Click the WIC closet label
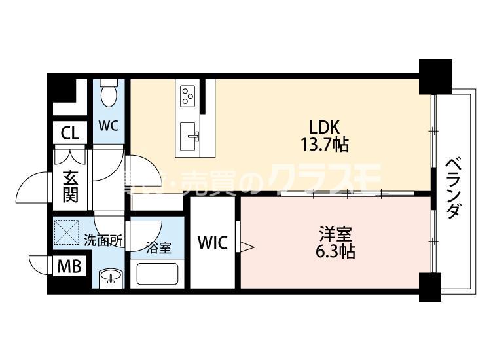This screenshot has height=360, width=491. coord(213,243)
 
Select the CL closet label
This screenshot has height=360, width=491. coord(69,134)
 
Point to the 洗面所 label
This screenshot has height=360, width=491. coord(103,240)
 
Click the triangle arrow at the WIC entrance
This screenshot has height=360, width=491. coord(247,246)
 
